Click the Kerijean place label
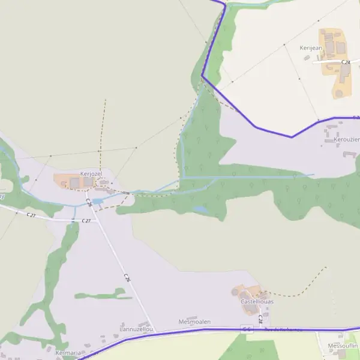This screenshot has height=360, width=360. coord(311,47)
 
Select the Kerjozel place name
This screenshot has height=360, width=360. coord(91,173)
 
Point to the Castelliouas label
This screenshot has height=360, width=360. coord(257,302)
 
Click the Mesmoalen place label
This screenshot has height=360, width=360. coord(194,322)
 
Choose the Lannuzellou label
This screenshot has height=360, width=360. coord(137,329)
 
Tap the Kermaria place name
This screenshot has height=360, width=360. coord(68,353)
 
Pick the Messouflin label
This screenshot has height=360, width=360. coord(343,346)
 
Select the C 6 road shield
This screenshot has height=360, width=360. coord(247,329)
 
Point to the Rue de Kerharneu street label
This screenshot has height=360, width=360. coord(283,329)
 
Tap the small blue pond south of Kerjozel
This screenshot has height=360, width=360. coord(97,201)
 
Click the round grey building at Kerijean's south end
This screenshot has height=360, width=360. coord(339,94)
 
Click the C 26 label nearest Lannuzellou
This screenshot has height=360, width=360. coord(127,278)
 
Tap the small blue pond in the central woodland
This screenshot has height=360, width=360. coord(200,209)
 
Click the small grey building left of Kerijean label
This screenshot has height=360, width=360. coord(307,58)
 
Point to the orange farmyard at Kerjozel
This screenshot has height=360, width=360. coord(62,180)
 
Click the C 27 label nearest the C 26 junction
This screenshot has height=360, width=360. coord(86,221)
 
